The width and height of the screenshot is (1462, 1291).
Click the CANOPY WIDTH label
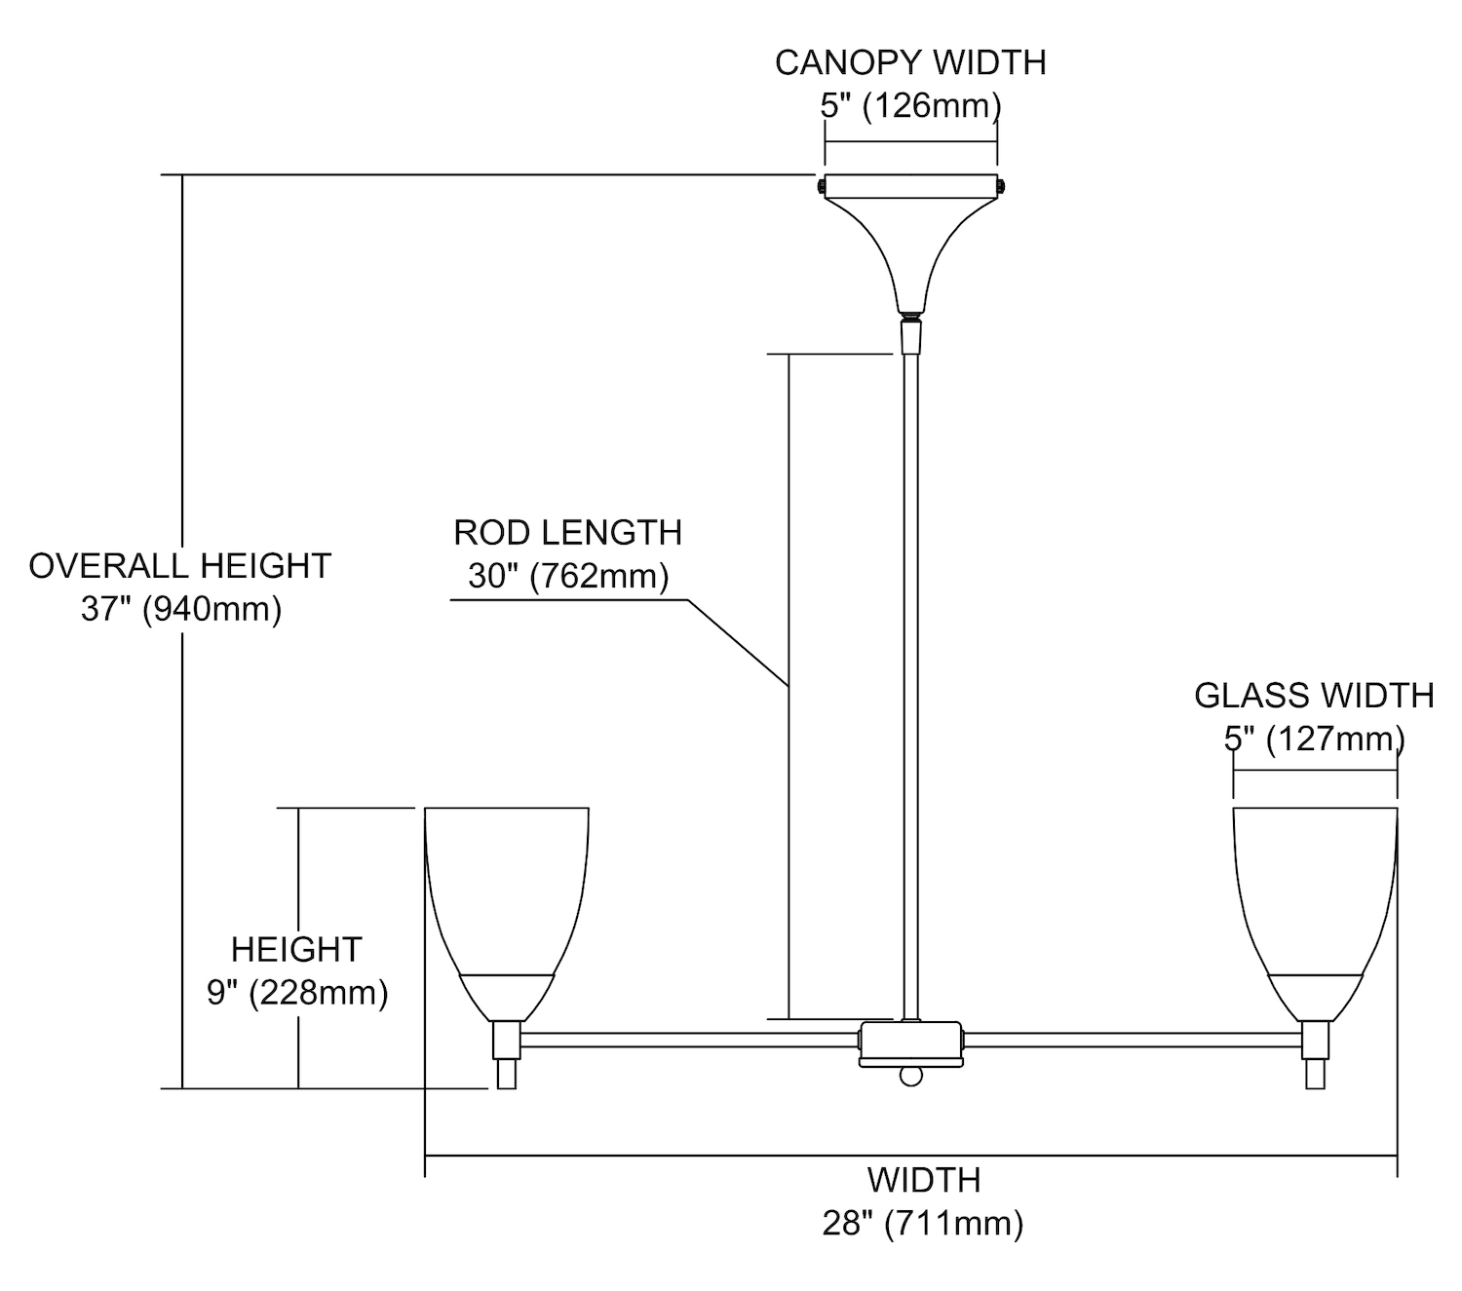click(x=910, y=62)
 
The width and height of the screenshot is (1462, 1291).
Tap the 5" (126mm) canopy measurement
click(x=910, y=105)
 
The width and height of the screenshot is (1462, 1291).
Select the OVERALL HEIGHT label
click(x=180, y=566)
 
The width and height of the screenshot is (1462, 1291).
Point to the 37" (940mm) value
click(x=181, y=610)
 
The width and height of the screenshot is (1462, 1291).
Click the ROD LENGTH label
click(x=568, y=533)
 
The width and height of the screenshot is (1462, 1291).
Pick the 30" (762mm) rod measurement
click(x=568, y=576)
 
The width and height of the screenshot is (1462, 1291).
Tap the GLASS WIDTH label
click(x=1314, y=696)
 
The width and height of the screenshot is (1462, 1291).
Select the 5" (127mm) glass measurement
click(x=1314, y=740)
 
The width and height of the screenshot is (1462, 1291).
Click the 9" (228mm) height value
click(x=297, y=993)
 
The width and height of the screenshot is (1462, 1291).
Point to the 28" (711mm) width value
click(x=923, y=1223)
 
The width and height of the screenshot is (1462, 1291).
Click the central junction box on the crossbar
click(x=910, y=1044)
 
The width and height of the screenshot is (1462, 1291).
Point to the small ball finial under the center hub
click(x=910, y=1076)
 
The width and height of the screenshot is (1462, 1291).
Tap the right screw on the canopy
click(x=1004, y=184)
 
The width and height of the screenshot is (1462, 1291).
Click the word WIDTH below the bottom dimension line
click(x=923, y=1180)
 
